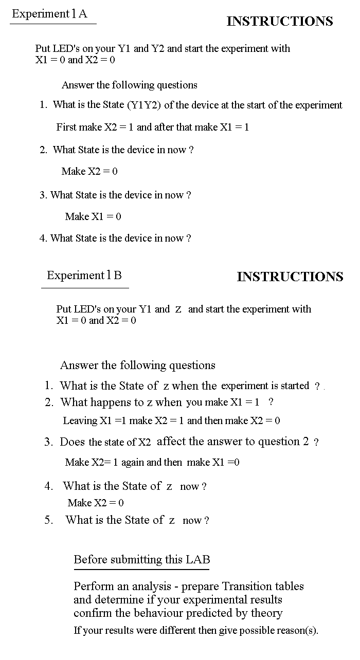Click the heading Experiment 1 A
point(49,14)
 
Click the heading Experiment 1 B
point(84,275)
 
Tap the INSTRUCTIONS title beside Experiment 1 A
point(280,21)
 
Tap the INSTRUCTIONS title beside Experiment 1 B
point(290,277)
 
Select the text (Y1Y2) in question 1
point(143,105)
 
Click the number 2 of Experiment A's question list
point(43,150)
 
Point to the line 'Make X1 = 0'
point(93,216)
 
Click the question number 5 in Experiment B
point(48,520)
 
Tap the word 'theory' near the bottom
point(266,613)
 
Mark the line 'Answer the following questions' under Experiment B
point(138,365)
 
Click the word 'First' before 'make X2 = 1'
point(66,127)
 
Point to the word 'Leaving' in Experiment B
point(80,420)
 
